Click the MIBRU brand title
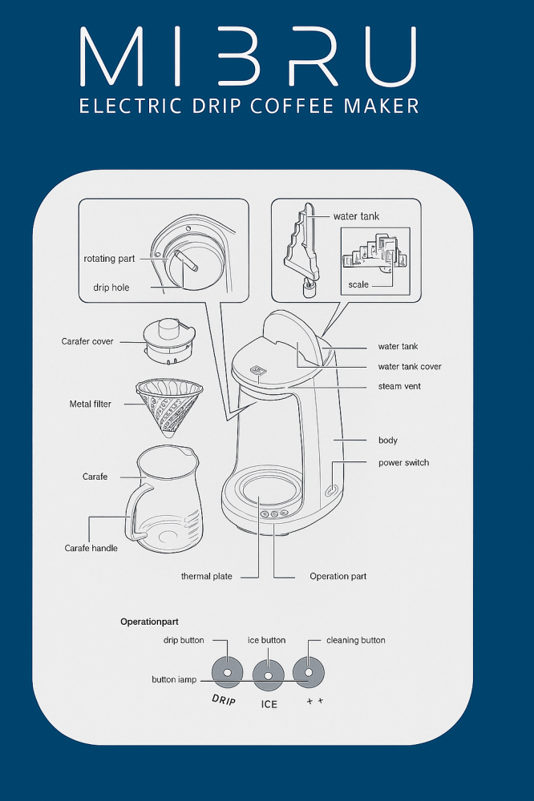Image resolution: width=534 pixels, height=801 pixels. point(249,56)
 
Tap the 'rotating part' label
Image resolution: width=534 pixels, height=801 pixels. point(109,259)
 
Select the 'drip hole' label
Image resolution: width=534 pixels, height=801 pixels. point(111,288)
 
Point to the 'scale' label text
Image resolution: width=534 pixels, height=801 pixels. point(358,284)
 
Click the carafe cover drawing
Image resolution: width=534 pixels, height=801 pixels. point(169,341)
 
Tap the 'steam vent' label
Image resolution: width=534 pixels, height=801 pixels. point(399,386)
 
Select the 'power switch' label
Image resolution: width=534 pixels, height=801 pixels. point(403,463)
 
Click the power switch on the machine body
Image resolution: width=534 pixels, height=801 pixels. point(331,490)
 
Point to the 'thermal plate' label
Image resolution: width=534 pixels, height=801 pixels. point(207,576)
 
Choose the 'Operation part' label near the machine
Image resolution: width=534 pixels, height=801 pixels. point(338,576)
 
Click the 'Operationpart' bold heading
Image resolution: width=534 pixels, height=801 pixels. point(149,622)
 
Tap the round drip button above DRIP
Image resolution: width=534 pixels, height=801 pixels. point(227,672)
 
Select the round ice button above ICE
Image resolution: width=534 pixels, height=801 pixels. point(268,674)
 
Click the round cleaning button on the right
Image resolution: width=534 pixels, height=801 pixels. point(309,672)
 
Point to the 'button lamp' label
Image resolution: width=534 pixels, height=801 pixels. point(174,679)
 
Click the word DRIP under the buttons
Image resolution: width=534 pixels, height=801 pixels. point(224,700)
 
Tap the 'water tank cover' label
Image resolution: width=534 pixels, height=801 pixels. point(410,366)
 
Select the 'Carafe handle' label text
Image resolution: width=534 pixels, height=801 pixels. point(91,548)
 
